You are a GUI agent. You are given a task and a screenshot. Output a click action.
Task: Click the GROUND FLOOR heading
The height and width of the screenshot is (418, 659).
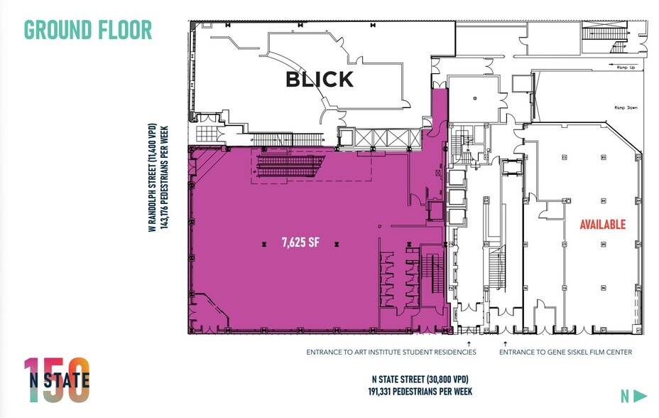pyautogui.click(x=88, y=30)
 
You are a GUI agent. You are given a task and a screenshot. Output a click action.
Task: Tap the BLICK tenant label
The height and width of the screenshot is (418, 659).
pyautogui.click(x=319, y=80)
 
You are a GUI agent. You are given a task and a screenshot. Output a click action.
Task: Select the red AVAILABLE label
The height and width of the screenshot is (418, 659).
pyautogui.click(x=602, y=225)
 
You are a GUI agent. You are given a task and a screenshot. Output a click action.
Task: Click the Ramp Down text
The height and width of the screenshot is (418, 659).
pyautogui.click(x=625, y=107)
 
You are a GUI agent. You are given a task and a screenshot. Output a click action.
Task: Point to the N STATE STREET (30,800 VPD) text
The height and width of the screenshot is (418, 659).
pyautogui.click(x=421, y=378)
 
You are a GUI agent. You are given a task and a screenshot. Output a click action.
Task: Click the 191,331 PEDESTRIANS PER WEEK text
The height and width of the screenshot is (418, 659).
pyautogui.click(x=421, y=391)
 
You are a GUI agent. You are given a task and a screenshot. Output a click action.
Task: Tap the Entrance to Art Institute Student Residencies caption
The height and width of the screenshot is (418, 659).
pyautogui.click(x=391, y=352)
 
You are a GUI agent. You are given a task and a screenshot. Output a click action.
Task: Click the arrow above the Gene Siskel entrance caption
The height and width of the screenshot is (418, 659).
pyautogui.click(x=505, y=342)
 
